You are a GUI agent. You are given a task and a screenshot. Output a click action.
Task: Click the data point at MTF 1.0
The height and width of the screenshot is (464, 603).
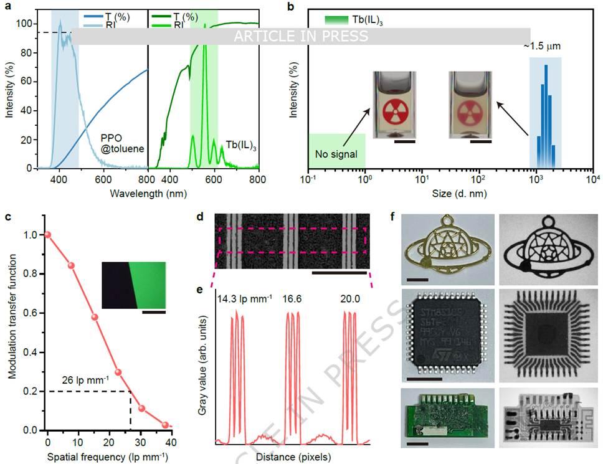47,235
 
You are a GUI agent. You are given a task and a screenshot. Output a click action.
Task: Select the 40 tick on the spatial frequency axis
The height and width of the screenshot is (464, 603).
171,442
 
